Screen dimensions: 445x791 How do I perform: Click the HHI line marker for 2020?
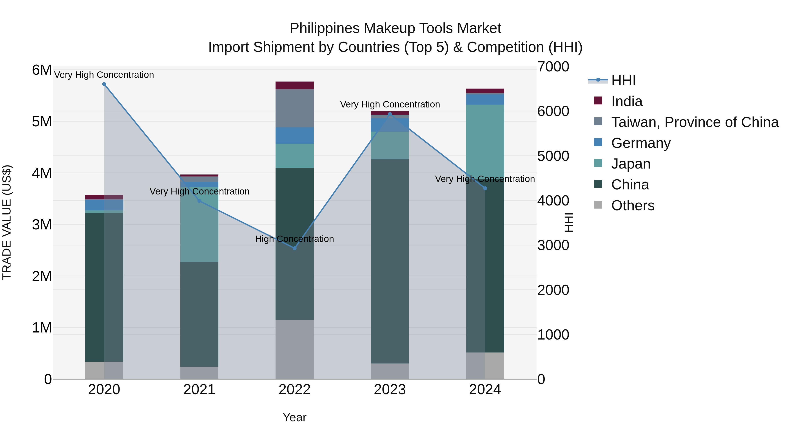click(104, 84)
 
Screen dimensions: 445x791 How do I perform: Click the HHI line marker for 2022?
click(294, 248)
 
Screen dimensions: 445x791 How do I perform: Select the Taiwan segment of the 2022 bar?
click(294, 108)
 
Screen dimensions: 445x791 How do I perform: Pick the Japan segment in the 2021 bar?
click(199, 224)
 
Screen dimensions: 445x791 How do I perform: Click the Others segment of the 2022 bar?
click(294, 349)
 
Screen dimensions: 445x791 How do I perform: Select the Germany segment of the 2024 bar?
click(485, 99)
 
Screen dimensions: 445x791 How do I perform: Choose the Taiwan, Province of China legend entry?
click(695, 122)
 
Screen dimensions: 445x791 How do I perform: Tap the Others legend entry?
click(633, 205)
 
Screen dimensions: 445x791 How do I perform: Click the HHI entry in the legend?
click(623, 80)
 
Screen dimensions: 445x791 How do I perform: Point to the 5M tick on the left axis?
click(42, 122)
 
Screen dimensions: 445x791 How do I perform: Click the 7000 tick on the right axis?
click(553, 67)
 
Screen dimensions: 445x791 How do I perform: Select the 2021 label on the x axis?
click(199, 390)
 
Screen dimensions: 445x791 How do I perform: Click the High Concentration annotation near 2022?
click(294, 239)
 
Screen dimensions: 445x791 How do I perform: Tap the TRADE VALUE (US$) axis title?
click(7, 222)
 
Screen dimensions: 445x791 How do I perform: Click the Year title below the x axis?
click(294, 417)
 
